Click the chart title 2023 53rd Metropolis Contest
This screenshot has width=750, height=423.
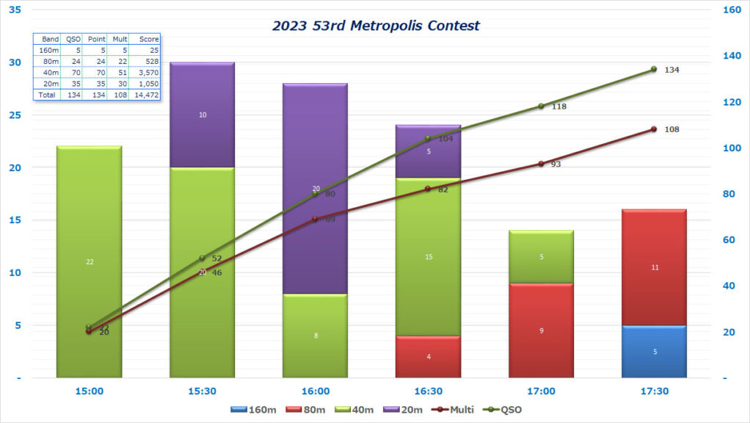[x=375, y=26]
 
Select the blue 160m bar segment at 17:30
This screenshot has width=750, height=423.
[x=655, y=352]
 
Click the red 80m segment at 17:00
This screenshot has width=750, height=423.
[x=542, y=330]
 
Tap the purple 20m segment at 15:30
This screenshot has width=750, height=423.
[x=202, y=115]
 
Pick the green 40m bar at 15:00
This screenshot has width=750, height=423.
[x=89, y=262]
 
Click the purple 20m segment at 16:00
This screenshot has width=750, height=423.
[x=315, y=189]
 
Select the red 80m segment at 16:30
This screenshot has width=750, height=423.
[x=429, y=357]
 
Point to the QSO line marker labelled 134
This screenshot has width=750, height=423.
[x=654, y=69]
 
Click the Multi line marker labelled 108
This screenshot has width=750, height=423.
[x=654, y=129]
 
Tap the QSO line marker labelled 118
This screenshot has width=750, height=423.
[x=541, y=106]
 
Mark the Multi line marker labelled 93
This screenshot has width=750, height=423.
[x=541, y=164]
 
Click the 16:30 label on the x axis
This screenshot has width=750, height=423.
[x=429, y=391]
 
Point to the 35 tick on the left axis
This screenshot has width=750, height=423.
[x=15, y=10]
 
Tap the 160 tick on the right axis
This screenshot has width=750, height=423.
[x=732, y=10]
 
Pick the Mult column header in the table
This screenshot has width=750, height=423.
[x=119, y=38]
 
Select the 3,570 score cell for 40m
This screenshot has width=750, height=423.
[x=145, y=72]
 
